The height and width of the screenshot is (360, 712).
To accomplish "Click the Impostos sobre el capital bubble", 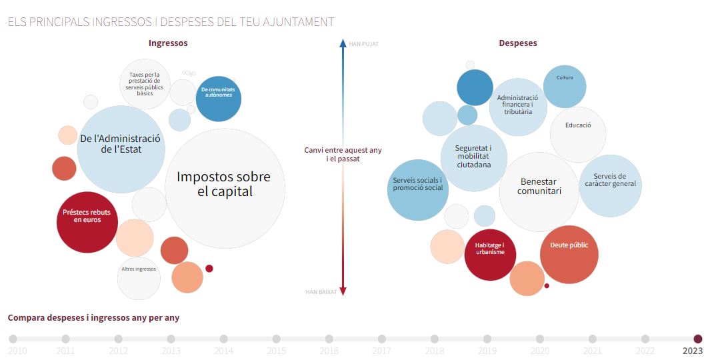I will coord(224,184).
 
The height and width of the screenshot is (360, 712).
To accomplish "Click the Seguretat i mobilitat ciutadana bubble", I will coord(473,157).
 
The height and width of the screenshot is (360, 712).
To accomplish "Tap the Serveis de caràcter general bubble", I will coord(610,185).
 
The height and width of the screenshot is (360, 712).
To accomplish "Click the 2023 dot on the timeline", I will coord(698,339).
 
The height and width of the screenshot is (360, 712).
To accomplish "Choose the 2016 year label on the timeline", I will coord(329,351).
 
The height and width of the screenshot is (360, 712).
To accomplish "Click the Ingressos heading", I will coord(168,43).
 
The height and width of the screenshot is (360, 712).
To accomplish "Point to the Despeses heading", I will coord(518,43).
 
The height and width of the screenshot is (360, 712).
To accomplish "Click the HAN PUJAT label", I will coord(363,45).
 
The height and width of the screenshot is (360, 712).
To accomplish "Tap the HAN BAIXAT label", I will coord(322,292).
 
